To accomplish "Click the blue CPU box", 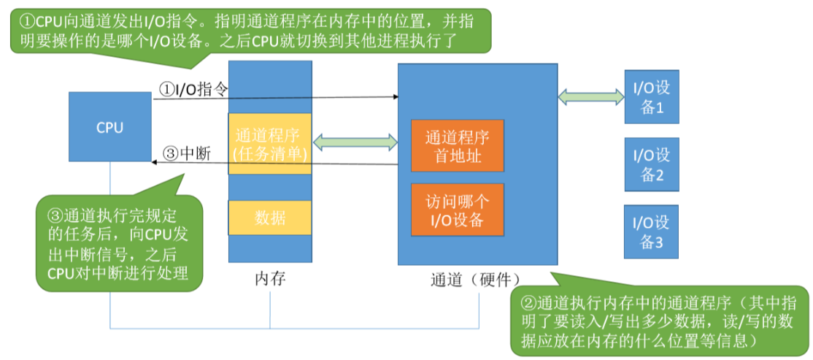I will pos(110,127).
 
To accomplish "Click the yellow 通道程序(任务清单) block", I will pos(270,144).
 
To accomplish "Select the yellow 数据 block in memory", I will pos(270,217).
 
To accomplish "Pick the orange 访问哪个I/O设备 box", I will pos(458,210).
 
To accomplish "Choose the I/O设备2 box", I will pos(652,164).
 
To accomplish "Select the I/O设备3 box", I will pos(652,231).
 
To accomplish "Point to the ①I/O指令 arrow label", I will pos(193,89).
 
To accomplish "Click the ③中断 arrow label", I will pos(186,153).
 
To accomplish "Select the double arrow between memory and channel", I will pos(354,142).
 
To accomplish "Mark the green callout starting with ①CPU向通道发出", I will pos(248,31).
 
